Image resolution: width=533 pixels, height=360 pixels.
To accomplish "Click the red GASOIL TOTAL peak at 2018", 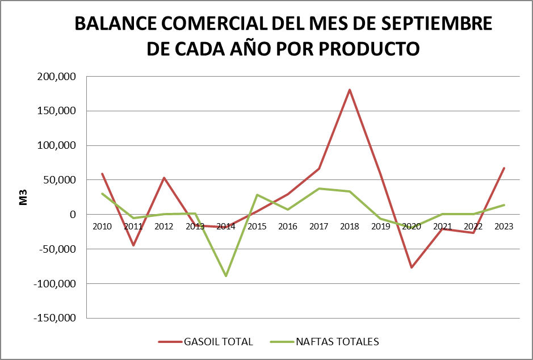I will pyautogui.click(x=350, y=90).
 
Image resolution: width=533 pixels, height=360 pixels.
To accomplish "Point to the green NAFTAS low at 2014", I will pyautogui.click(x=226, y=275).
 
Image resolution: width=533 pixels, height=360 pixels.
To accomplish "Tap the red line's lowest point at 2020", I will pyautogui.click(x=412, y=267).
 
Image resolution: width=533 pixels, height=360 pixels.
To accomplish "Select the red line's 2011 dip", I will pyautogui.click(x=133, y=245).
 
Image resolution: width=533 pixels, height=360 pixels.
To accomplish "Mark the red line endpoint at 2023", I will pyautogui.click(x=504, y=168).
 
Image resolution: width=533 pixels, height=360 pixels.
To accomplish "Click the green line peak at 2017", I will pyautogui.click(x=319, y=189).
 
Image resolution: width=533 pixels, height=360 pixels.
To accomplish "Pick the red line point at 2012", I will pyautogui.click(x=164, y=178).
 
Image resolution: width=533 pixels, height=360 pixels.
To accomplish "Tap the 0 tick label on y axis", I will pyautogui.click(x=73, y=215).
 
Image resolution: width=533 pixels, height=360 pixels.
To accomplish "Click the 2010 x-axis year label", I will pyautogui.click(x=102, y=226).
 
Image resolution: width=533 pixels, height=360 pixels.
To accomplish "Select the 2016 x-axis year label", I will pyautogui.click(x=288, y=226).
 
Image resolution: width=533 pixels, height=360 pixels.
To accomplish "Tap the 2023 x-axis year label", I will pyautogui.click(x=504, y=226).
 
